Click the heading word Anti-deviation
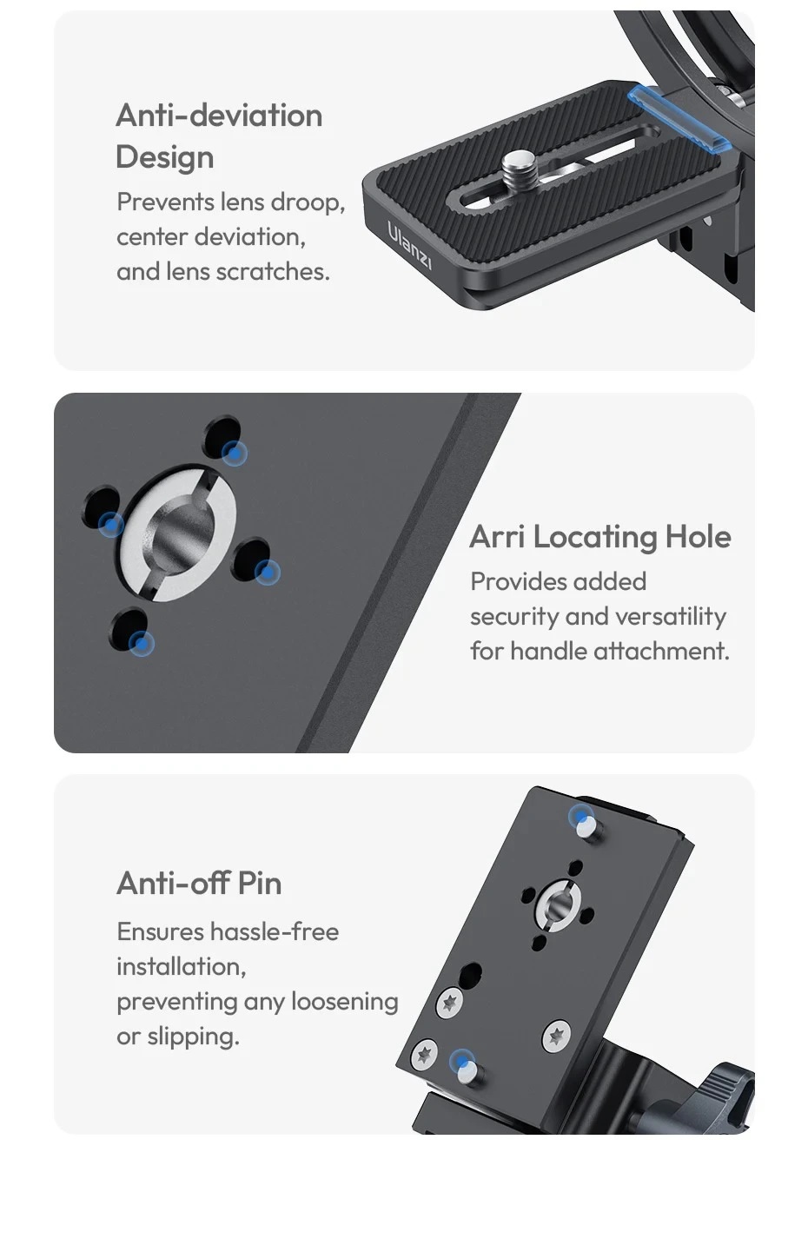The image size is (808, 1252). [x=219, y=116]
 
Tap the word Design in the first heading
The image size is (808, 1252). [x=165, y=157]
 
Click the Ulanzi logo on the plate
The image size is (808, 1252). [x=409, y=245]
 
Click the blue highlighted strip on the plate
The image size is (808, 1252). [x=679, y=118]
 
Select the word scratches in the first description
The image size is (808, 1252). [x=272, y=272]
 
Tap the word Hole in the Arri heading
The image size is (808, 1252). [x=698, y=537]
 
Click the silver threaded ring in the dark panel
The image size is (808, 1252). [x=178, y=533]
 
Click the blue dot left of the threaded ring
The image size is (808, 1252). [x=110, y=524]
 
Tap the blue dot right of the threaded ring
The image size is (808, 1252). [x=267, y=573]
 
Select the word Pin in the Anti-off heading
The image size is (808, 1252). [x=259, y=883]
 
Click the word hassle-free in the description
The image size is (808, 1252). [x=275, y=931]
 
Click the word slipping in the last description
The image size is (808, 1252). [x=194, y=1037]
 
